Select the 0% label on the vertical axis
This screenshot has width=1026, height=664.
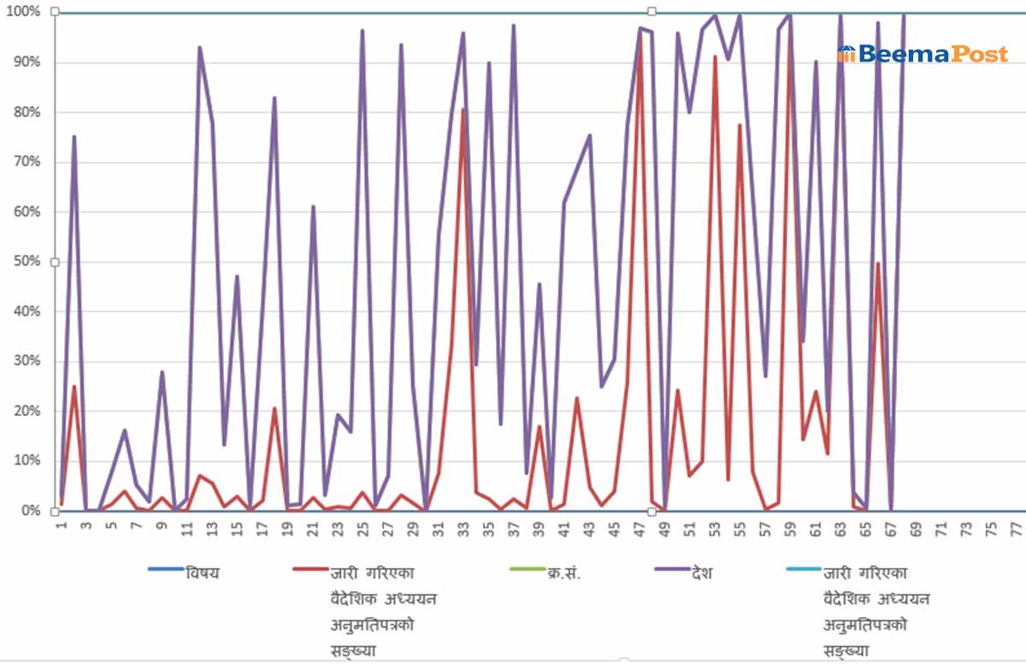point(28,511)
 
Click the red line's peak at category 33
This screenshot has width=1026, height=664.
point(463,109)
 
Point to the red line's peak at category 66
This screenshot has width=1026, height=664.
point(878,264)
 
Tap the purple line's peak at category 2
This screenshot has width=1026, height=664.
point(74,137)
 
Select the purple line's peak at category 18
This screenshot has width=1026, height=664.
point(274,98)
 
